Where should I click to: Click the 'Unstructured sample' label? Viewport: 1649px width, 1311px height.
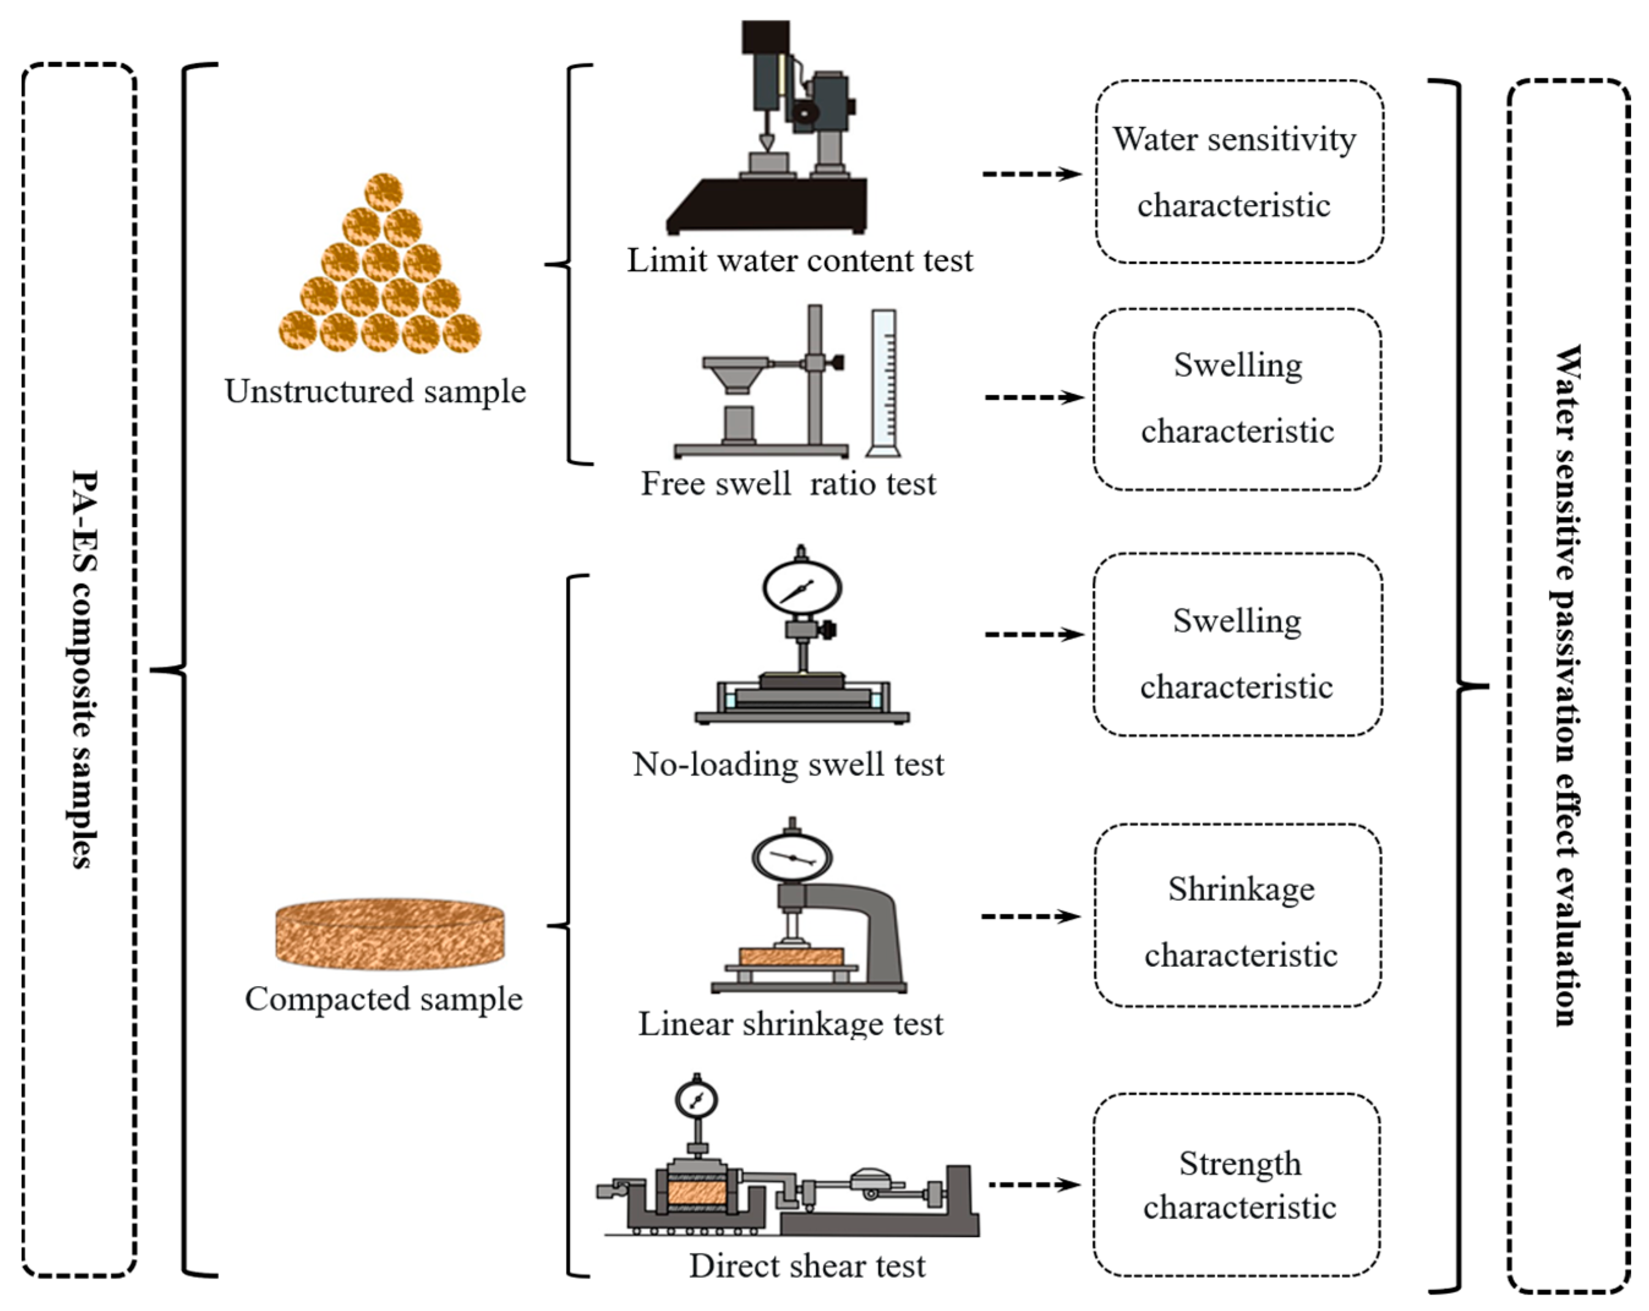point(374,392)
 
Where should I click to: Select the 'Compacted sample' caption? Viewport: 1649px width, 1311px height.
point(383,999)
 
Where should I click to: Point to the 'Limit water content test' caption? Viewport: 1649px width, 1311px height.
point(799,261)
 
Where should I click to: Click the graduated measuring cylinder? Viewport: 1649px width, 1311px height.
point(884,383)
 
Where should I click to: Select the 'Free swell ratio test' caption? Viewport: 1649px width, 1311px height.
point(788,484)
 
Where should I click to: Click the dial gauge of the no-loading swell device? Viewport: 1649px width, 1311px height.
point(802,588)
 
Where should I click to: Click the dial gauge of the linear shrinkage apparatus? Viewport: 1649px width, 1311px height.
point(792,857)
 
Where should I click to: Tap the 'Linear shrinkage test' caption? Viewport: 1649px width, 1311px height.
point(790,1024)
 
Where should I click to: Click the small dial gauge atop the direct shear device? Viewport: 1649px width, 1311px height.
point(696,1100)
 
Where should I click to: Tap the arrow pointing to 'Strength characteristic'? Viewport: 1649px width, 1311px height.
point(1034,1185)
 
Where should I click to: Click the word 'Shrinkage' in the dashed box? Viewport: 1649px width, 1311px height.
point(1241,889)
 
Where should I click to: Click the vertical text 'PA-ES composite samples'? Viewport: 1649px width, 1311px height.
point(83,669)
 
